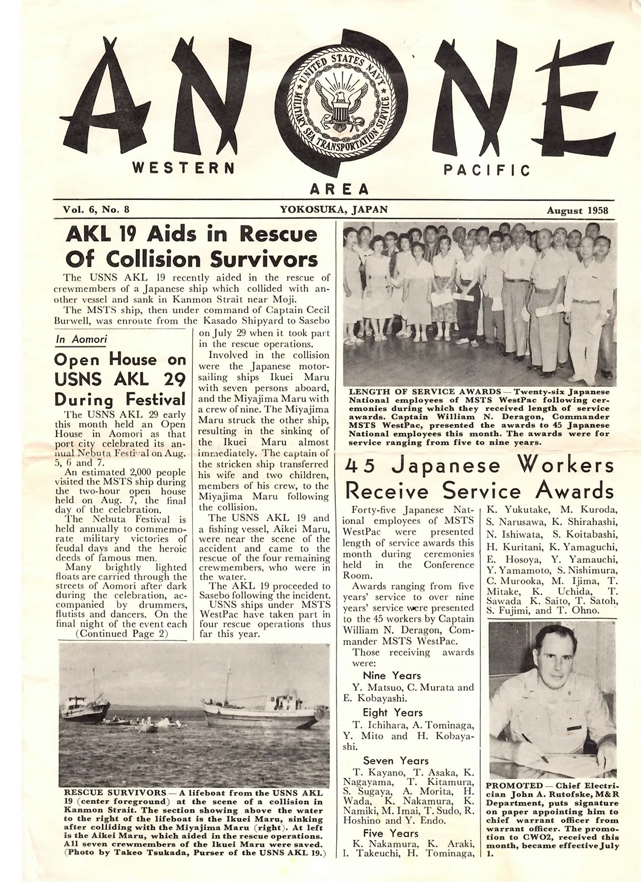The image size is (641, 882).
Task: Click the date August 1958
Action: [577, 210]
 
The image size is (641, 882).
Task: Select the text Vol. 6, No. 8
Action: [95, 209]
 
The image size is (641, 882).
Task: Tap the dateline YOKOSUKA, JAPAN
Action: [333, 209]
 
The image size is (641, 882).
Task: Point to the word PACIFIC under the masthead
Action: [486, 171]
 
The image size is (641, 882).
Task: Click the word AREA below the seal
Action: [339, 189]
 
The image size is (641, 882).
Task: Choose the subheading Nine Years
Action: [392, 675]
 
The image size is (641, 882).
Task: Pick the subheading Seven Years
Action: [396, 760]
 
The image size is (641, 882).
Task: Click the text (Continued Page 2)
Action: [122, 633]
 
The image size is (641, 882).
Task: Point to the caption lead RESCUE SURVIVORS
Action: [114, 791]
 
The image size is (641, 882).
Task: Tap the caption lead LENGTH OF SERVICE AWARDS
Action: [428, 391]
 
